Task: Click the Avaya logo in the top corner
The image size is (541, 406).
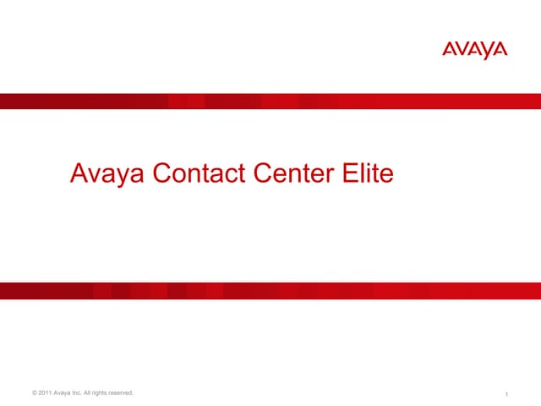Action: (475, 51)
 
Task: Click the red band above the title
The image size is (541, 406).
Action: (270, 101)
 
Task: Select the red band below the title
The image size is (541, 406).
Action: (270, 290)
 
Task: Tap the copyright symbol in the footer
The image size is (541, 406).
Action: (33, 392)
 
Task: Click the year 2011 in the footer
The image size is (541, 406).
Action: (46, 392)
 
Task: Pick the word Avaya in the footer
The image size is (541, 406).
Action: (66, 392)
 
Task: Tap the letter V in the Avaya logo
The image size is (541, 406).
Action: (462, 51)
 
